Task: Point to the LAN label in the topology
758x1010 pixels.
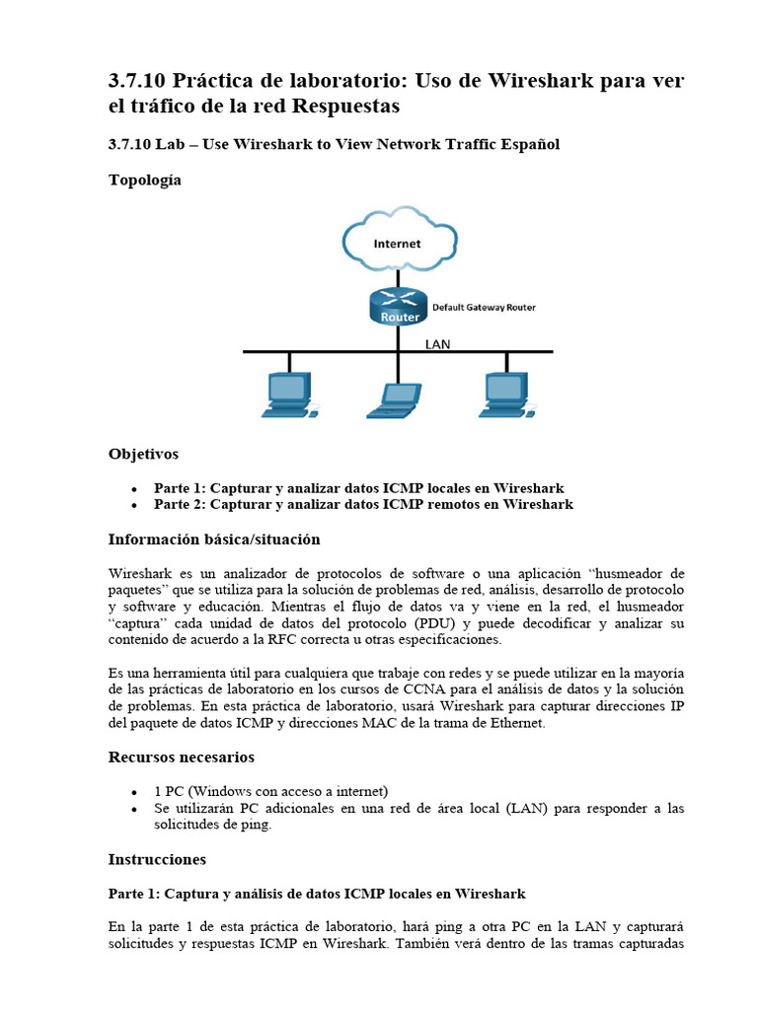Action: pyautogui.click(x=437, y=344)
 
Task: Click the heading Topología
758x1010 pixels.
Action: pyautogui.click(x=144, y=180)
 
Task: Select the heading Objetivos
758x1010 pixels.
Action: pyautogui.click(x=143, y=454)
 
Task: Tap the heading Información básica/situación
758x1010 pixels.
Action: pyautogui.click(x=213, y=540)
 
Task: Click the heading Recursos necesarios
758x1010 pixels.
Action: pyautogui.click(x=181, y=757)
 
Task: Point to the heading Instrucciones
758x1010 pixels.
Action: pyautogui.click(x=157, y=859)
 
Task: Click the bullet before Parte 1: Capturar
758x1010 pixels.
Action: pyautogui.click(x=133, y=489)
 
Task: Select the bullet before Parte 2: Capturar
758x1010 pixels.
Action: pyautogui.click(x=133, y=505)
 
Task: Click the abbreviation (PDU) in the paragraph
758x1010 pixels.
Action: pyautogui.click(x=436, y=623)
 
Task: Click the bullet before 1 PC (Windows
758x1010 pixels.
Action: pyautogui.click(x=133, y=792)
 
